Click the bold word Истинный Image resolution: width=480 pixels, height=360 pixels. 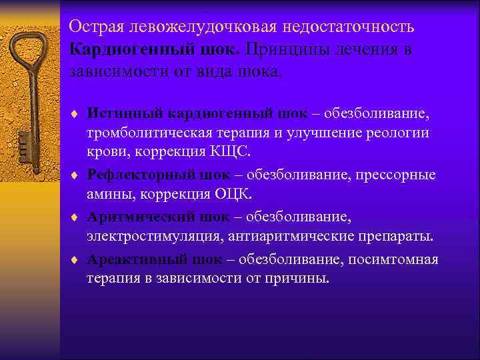click(118, 112)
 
